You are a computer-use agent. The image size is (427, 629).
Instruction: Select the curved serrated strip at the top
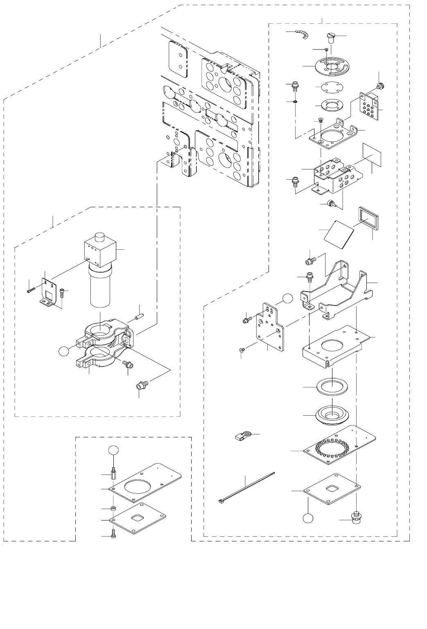303,36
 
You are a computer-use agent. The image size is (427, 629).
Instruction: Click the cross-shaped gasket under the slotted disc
327,87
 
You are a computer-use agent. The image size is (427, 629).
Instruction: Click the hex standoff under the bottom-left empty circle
114,473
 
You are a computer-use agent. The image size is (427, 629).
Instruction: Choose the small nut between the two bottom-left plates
114,508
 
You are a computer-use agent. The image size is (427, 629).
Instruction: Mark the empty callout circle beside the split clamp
63,351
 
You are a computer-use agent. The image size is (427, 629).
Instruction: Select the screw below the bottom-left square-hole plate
114,533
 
